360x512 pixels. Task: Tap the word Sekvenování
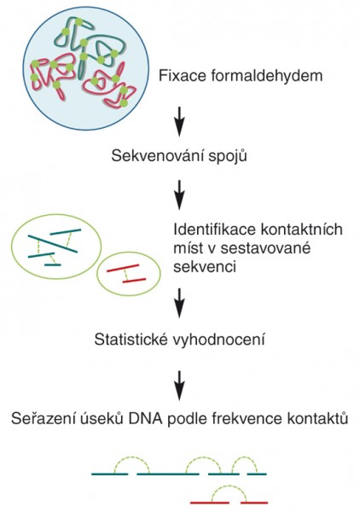click(157, 156)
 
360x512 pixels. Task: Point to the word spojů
click(227, 156)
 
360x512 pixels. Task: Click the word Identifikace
click(215, 230)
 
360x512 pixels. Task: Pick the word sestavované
click(265, 248)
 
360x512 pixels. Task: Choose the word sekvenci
click(205, 267)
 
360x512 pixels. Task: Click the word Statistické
click(130, 340)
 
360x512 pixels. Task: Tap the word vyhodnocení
click(218, 340)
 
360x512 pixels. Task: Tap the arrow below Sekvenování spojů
click(179, 195)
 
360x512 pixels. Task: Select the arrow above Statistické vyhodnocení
click(179, 303)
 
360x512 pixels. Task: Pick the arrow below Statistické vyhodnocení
click(179, 386)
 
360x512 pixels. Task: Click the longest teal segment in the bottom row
click(168, 474)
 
